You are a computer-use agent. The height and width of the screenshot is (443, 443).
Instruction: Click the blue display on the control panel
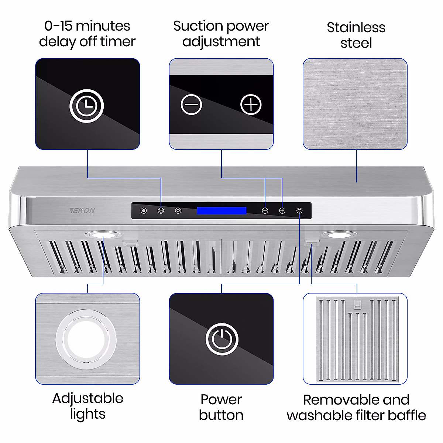pyautogui.click(x=221, y=210)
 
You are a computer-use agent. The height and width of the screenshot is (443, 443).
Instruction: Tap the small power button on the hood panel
pyautogui.click(x=299, y=210)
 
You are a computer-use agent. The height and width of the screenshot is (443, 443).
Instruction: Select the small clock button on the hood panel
pyautogui.click(x=161, y=210)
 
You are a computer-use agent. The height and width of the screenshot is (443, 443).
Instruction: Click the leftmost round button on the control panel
pyautogui.click(x=144, y=210)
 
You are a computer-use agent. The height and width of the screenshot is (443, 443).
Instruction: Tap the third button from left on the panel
pyautogui.click(x=178, y=210)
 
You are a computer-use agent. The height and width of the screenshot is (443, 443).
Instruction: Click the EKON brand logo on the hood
pyautogui.click(x=82, y=210)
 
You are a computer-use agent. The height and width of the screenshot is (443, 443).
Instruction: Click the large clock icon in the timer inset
pyautogui.click(x=87, y=106)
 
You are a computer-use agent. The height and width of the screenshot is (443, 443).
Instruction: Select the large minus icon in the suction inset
pyautogui.click(x=191, y=104)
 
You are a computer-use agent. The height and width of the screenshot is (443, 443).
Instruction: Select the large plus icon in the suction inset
pyautogui.click(x=251, y=104)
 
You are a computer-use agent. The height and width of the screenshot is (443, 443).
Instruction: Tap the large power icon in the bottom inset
pyautogui.click(x=221, y=339)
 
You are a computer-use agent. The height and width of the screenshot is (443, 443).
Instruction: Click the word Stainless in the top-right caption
pyautogui.click(x=356, y=27)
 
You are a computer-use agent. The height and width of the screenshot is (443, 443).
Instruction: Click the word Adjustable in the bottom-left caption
pyautogui.click(x=88, y=398)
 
